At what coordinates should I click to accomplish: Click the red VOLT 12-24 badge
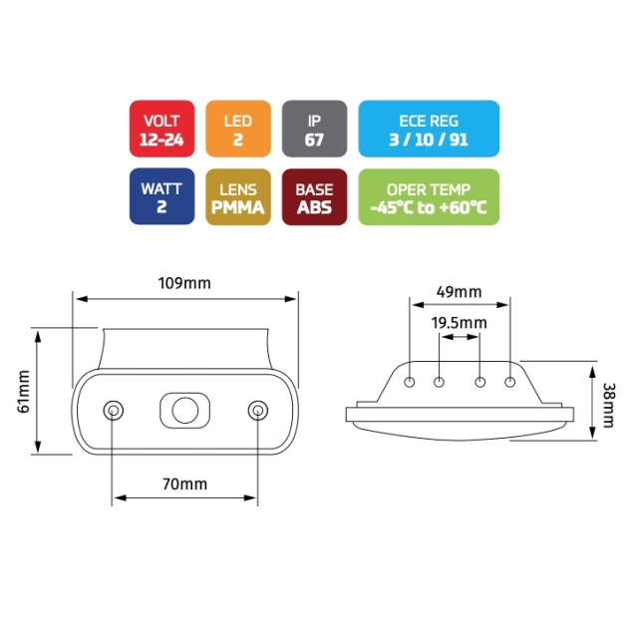[161, 129]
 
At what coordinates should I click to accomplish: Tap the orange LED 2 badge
[238, 129]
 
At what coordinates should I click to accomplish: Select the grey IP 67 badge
[315, 129]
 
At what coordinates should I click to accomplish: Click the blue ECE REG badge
[429, 129]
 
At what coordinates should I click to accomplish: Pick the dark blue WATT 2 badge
[161, 196]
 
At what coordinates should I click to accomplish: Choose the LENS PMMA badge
[238, 196]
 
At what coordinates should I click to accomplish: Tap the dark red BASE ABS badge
[315, 196]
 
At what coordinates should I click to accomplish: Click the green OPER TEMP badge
[429, 196]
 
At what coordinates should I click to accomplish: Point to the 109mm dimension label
[184, 283]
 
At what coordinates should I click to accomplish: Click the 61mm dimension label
[24, 392]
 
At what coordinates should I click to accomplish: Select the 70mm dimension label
[184, 483]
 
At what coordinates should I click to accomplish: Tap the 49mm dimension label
[459, 292]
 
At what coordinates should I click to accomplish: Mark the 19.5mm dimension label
[459, 323]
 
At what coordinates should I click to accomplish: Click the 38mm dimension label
[609, 406]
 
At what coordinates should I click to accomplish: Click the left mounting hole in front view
[114, 411]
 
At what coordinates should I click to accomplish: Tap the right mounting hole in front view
[258, 411]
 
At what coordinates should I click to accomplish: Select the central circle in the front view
[185, 411]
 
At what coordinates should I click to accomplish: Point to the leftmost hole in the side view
[410, 382]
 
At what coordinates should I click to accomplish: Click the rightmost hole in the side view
[509, 382]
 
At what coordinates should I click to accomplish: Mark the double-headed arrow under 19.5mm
[460, 337]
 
